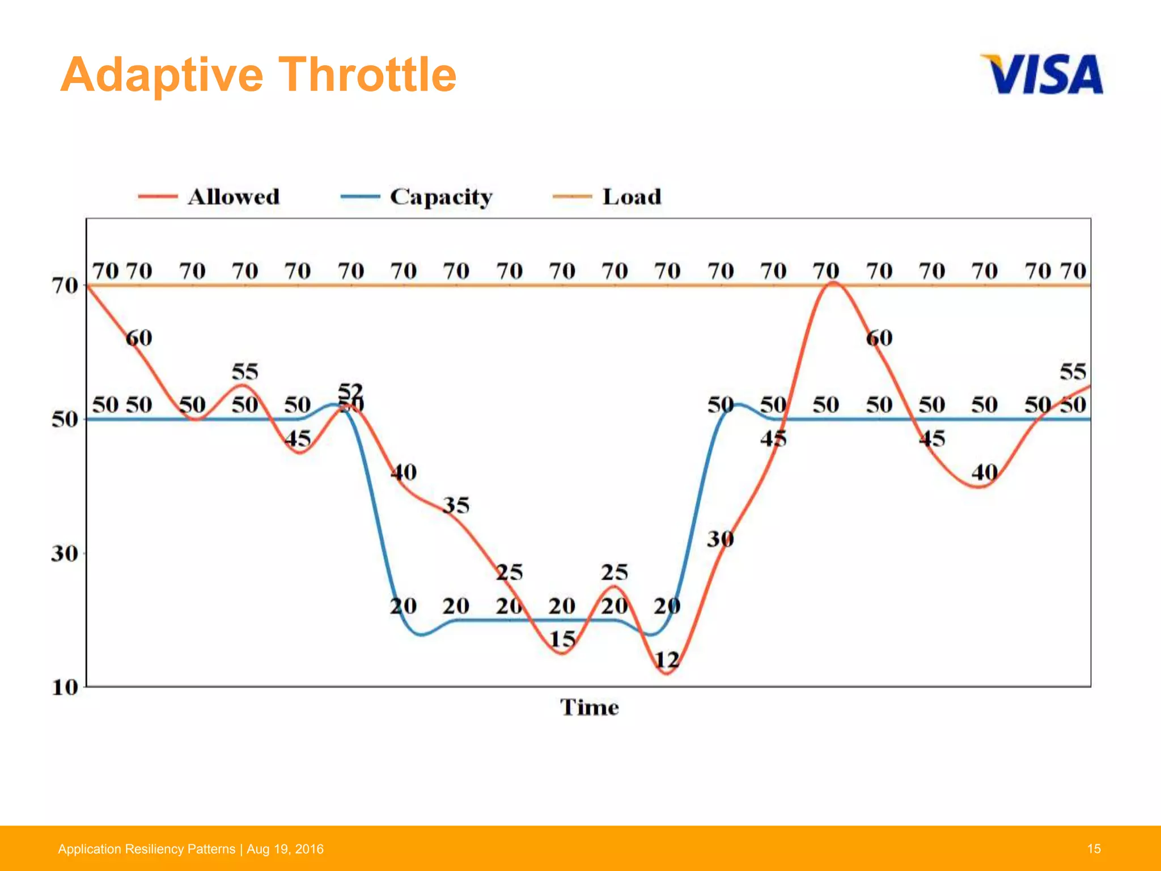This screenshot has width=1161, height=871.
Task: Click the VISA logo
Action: point(1042,74)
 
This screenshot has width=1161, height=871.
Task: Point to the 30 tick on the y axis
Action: point(65,553)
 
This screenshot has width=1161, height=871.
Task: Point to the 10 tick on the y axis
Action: point(65,687)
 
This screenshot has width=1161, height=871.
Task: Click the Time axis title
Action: point(589,707)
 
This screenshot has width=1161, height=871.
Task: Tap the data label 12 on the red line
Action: point(667,659)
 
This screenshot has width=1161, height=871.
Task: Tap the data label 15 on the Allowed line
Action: point(562,640)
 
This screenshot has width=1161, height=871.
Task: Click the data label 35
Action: point(456,505)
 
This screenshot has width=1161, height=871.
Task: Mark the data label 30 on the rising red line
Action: point(720,539)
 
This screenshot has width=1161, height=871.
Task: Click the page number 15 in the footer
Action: point(1094,849)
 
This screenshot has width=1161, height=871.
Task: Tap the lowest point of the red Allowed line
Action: point(667,674)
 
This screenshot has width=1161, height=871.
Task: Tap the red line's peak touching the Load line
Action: point(833,282)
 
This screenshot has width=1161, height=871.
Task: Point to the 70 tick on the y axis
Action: point(65,285)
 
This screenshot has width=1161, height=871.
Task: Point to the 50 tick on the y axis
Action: point(65,420)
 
